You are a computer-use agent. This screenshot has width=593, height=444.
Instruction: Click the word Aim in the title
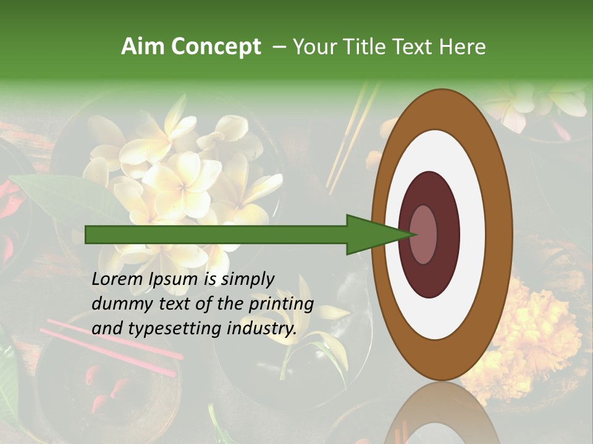coord(140,47)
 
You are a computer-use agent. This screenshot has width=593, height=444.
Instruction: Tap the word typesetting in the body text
coord(162,329)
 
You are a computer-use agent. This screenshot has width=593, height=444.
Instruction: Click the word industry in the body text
coord(262,329)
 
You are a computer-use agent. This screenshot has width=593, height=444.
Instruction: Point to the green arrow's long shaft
coord(216,234)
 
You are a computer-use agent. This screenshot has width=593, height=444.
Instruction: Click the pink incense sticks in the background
coord(111,345)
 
